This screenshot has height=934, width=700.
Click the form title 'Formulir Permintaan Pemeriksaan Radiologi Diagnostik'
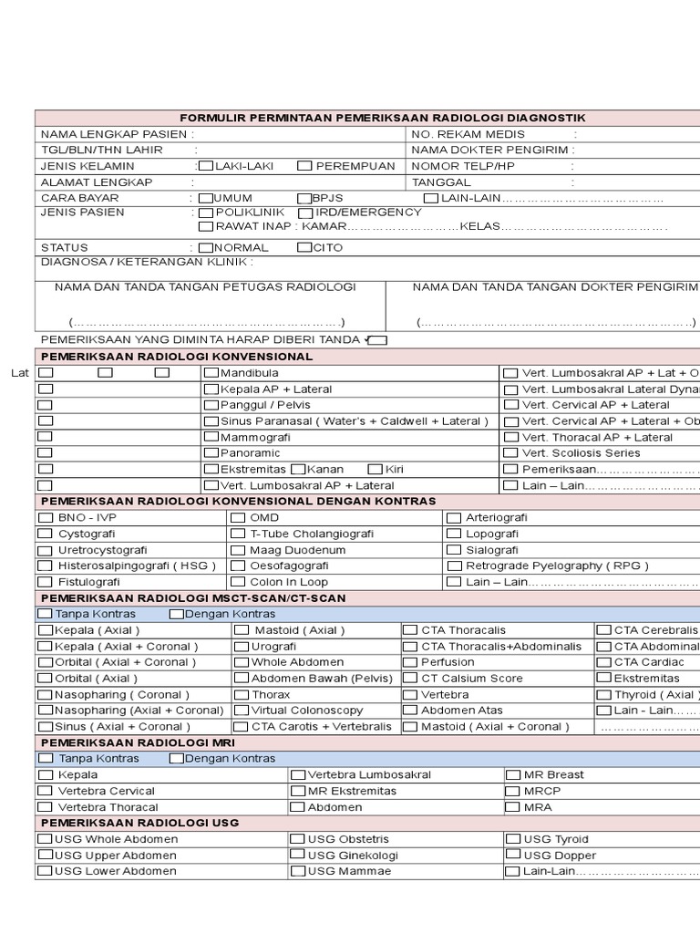click(x=383, y=118)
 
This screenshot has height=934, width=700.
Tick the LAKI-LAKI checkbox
click(x=206, y=166)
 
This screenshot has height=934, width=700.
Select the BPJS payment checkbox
click(x=304, y=198)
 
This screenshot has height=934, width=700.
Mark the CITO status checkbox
click(x=304, y=247)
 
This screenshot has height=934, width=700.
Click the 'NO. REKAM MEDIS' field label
click(x=468, y=134)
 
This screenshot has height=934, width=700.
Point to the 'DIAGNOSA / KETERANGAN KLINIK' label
click(x=147, y=263)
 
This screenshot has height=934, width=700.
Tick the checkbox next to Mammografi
click(x=211, y=438)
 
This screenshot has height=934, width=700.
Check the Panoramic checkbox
click(x=211, y=453)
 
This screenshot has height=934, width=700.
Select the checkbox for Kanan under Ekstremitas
click(x=298, y=470)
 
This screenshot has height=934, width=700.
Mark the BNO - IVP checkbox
click(x=46, y=518)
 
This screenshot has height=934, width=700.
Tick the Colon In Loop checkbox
click(x=237, y=582)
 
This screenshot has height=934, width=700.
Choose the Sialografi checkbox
click(x=453, y=550)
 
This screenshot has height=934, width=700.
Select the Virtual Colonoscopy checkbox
click(x=241, y=711)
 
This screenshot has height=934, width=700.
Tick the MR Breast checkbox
click(x=512, y=775)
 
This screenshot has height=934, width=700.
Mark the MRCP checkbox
click(x=512, y=791)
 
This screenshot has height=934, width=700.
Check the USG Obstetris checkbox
click(x=298, y=839)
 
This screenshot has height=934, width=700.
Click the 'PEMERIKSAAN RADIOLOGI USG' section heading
click(x=139, y=823)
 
